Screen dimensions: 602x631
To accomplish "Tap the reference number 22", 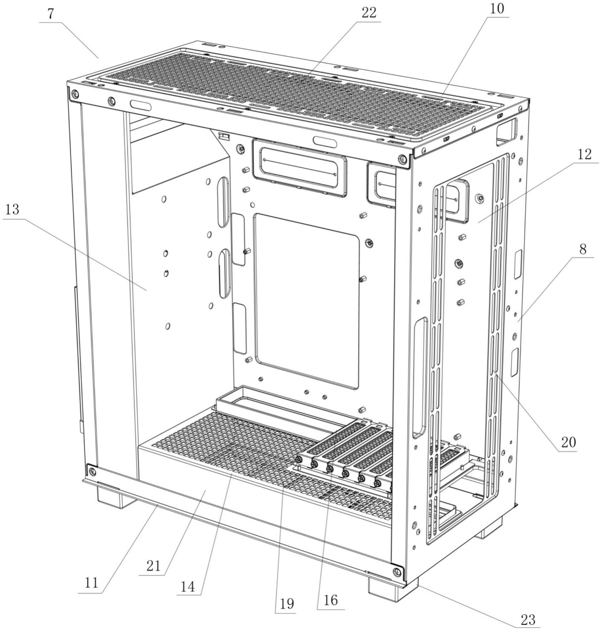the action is (369, 13).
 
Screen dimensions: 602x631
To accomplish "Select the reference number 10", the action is (497, 9).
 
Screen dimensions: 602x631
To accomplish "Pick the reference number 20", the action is (568, 443).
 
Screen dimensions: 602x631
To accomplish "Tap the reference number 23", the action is (528, 620).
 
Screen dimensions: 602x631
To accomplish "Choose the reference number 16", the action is (331, 600).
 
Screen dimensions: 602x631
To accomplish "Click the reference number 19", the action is (287, 604).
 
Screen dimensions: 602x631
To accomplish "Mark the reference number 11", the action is (91, 582).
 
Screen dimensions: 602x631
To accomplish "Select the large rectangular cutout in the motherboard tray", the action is (306, 302).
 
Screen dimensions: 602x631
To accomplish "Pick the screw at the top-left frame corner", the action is (75, 94).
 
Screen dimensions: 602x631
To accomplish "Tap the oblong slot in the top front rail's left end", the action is (141, 105).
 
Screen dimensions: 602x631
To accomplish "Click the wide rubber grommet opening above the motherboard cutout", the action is (299, 168).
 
